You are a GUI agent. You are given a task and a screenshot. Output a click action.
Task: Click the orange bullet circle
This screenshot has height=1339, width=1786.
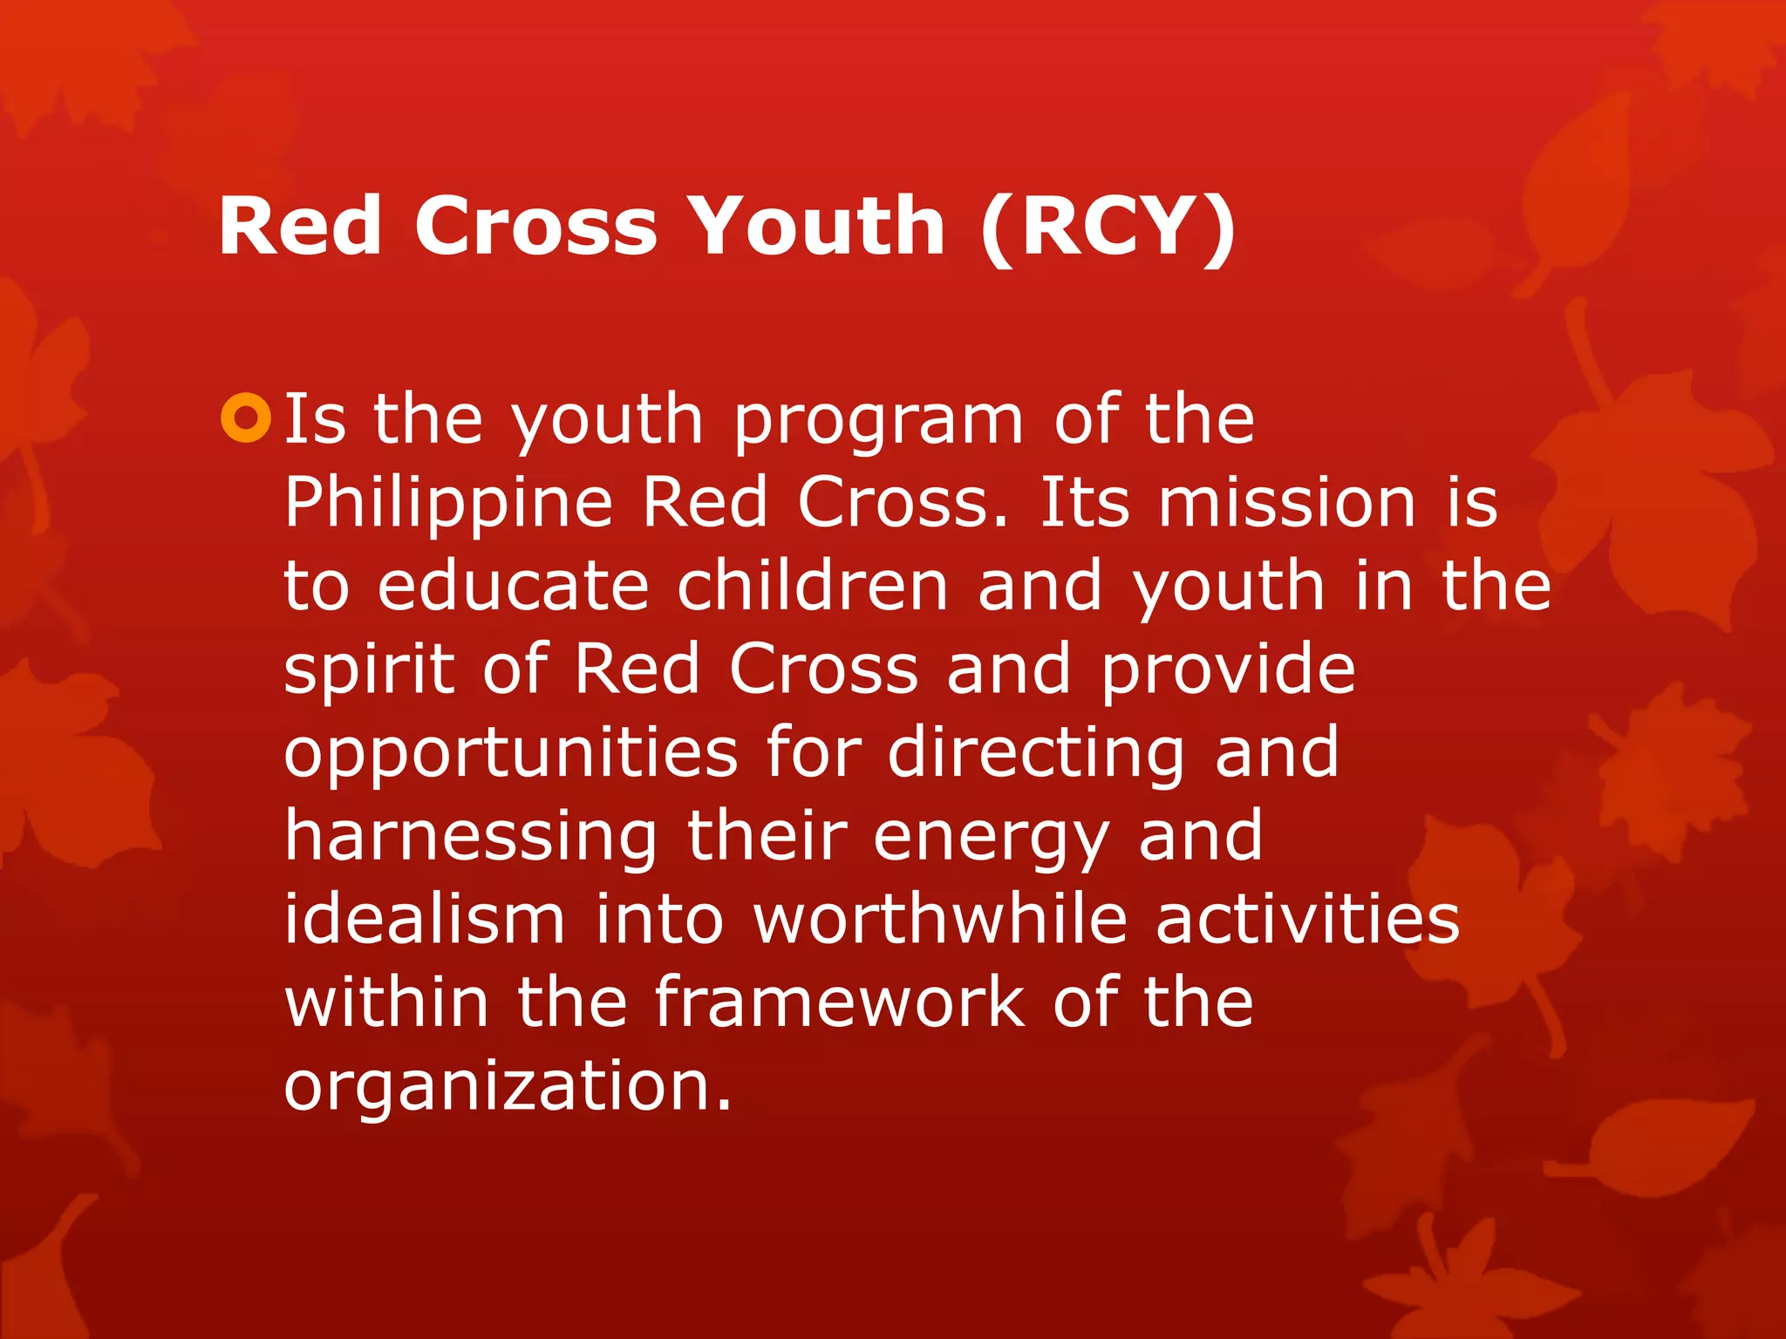(x=247, y=418)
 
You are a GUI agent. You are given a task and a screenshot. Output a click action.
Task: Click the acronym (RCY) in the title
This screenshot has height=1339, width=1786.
(x=1107, y=227)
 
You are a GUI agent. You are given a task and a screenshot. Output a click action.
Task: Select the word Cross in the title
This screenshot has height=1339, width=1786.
(x=535, y=226)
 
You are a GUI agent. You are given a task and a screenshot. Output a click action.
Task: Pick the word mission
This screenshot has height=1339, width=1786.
(x=1286, y=503)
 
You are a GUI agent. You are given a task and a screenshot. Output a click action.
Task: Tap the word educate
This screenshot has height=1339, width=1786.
(x=514, y=586)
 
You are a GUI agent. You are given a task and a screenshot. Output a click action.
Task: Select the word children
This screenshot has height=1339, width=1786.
(x=813, y=586)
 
